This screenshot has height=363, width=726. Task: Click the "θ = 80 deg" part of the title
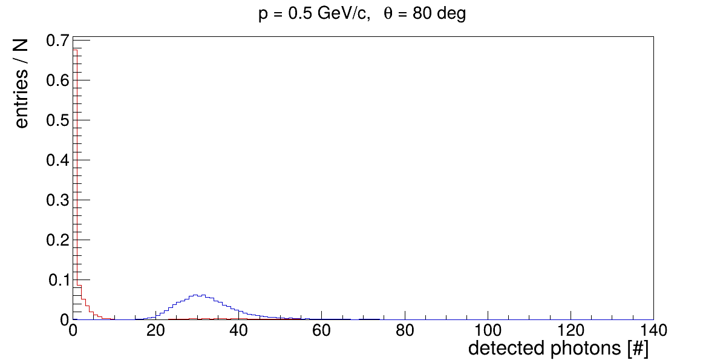(425, 15)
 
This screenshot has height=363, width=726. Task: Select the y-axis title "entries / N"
(22, 82)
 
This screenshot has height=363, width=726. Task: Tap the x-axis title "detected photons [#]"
(558, 349)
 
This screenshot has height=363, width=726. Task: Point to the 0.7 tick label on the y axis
(58, 41)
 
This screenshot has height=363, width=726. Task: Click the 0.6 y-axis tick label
(58, 80)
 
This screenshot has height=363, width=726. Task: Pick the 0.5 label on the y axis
(58, 120)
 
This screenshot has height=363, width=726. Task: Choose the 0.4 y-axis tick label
(58, 160)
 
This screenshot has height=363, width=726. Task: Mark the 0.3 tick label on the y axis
(58, 200)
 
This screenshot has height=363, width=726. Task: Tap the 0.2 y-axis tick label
(58, 240)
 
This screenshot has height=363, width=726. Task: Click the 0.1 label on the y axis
(59, 280)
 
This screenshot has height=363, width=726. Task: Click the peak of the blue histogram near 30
(200, 295)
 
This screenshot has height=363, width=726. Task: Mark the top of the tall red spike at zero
(77, 48)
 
